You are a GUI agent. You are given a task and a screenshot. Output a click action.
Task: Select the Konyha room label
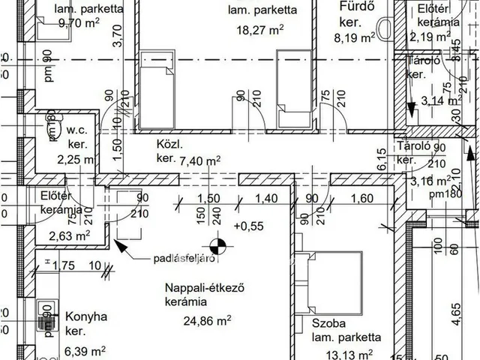(86, 316)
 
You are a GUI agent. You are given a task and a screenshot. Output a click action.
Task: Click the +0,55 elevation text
(249, 225)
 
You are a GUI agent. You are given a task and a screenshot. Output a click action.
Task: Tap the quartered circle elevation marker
(218, 244)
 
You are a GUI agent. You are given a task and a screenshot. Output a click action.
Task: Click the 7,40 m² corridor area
(199, 160)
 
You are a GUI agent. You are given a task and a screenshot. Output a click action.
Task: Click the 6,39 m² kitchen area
(84, 349)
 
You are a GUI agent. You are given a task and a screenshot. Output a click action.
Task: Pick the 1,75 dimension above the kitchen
(65, 265)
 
